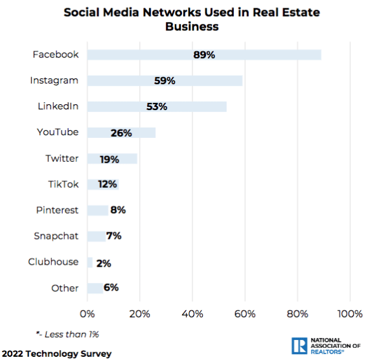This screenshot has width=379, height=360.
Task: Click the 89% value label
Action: [203, 54]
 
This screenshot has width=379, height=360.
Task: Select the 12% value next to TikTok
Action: [108, 185]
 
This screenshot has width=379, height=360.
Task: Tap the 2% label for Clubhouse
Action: [104, 264]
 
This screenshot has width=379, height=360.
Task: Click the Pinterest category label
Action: [57, 210]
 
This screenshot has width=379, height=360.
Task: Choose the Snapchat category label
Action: [56, 236]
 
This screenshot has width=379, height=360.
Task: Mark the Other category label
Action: [65, 288]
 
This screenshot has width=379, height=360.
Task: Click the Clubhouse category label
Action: [53, 262]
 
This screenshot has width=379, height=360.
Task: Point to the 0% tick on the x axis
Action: [87, 314]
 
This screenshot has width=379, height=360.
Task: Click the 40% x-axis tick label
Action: [192, 314]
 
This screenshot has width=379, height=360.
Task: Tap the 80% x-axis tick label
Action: [297, 314]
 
